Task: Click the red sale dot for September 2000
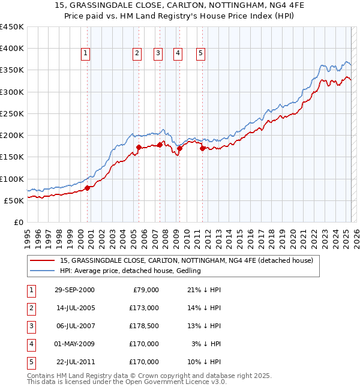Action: coord(87,188)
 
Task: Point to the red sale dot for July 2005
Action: coord(138,147)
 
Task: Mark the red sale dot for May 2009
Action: coord(179,148)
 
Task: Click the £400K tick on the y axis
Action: coord(12,49)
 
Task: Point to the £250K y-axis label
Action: coord(12,113)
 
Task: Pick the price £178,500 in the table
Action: coord(143,326)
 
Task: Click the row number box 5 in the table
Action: coord(30,362)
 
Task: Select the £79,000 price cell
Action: coord(146,290)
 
